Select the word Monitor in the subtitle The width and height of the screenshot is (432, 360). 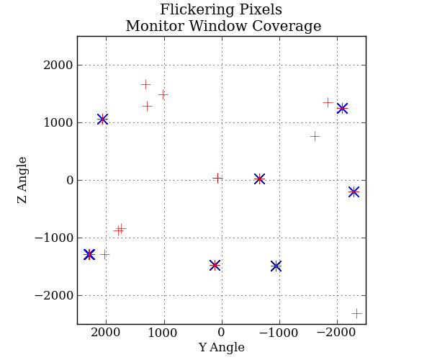(151, 27)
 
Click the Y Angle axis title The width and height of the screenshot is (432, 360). (221, 348)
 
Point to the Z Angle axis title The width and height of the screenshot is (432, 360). (23, 180)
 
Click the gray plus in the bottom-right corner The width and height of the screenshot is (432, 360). (356, 313)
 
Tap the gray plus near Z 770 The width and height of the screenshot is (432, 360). (315, 136)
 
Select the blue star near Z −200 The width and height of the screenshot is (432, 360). (354, 192)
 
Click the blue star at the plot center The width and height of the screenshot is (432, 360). (259, 179)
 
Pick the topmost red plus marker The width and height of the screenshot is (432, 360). (145, 84)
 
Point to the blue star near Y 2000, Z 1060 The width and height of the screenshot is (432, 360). (102, 119)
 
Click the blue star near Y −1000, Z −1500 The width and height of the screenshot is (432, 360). (276, 266)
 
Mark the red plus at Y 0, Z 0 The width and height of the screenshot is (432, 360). (217, 178)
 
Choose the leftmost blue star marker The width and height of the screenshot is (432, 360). (89, 254)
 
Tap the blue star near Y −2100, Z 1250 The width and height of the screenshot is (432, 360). (342, 108)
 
